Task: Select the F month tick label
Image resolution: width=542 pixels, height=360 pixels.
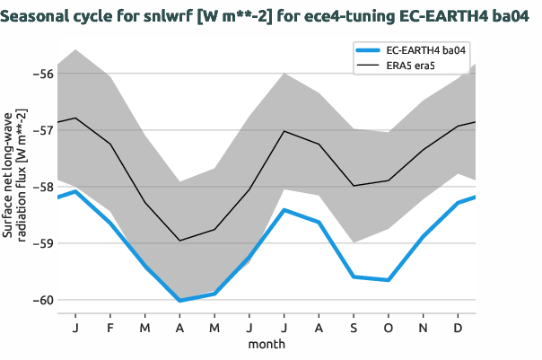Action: [x=110, y=328]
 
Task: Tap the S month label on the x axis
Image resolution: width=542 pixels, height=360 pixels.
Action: [x=354, y=328]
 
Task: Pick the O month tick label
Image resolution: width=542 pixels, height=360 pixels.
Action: [x=389, y=328]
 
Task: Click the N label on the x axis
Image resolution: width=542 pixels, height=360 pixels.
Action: [x=424, y=328]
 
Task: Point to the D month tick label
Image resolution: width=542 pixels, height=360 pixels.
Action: [x=459, y=328]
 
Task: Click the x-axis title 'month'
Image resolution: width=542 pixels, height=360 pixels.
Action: [x=267, y=344]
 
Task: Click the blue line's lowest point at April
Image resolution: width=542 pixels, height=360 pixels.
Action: [x=179, y=300]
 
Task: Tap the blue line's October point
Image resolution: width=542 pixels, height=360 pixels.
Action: [x=389, y=280]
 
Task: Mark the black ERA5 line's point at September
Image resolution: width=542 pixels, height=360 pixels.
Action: [x=354, y=186]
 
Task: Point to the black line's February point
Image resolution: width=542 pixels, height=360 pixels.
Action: [x=110, y=144]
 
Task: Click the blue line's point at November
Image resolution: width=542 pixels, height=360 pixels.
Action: [x=424, y=236]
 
